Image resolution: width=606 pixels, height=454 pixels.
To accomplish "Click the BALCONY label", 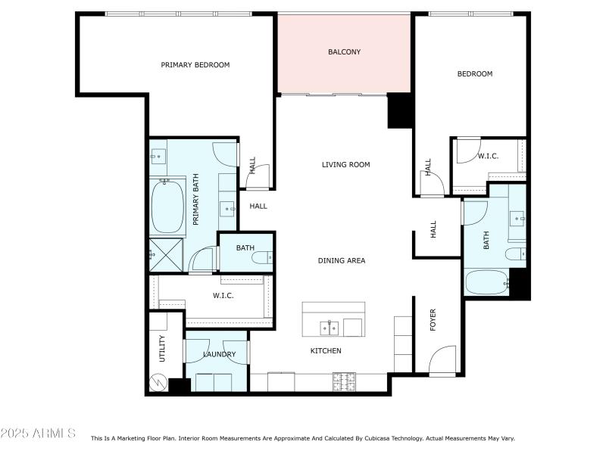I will pyautogui.click(x=344, y=52).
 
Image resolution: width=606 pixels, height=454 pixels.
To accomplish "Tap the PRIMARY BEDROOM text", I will pyautogui.click(x=195, y=65).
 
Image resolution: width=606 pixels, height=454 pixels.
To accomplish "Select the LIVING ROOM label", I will pyautogui.click(x=345, y=164).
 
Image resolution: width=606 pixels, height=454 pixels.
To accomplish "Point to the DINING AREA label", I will pyautogui.click(x=341, y=260).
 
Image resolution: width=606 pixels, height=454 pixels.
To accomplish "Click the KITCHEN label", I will pyautogui.click(x=326, y=351).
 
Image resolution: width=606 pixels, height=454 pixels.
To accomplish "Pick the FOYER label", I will pyautogui.click(x=433, y=320).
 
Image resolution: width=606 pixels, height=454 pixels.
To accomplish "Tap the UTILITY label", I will pyautogui.click(x=162, y=349).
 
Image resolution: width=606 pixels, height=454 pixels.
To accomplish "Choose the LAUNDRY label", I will pyautogui.click(x=219, y=354).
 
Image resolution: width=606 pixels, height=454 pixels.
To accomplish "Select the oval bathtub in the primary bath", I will pyautogui.click(x=168, y=207).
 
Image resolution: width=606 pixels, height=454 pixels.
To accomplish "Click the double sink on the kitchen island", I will pyautogui.click(x=329, y=328).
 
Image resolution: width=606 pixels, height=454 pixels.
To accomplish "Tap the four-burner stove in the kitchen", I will pyautogui.click(x=343, y=383).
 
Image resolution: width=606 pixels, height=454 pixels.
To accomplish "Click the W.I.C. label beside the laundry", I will pyautogui.click(x=223, y=296).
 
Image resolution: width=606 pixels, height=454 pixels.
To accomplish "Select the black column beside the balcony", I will pyautogui.click(x=398, y=110).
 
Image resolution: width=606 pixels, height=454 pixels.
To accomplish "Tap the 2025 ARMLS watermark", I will pyautogui.click(x=38, y=434).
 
